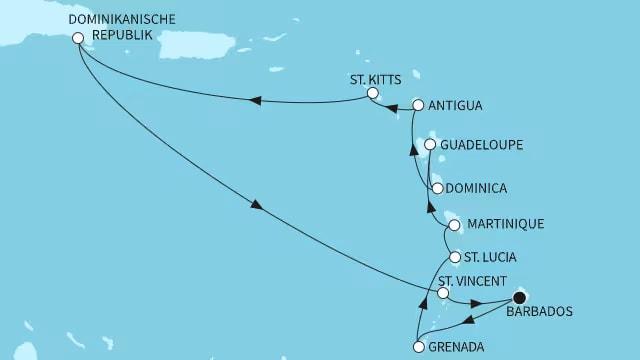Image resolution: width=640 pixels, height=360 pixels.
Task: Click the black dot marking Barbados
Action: (520, 297)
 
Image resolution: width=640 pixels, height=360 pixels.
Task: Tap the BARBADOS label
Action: (541, 312)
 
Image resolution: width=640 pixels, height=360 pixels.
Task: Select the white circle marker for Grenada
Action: (416, 348)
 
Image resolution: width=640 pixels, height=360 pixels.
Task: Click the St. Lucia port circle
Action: (455, 257)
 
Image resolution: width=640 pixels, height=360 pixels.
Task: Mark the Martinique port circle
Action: (455, 225)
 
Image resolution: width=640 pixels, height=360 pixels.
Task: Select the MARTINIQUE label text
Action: (505, 225)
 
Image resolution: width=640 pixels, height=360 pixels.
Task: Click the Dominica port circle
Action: (437, 188)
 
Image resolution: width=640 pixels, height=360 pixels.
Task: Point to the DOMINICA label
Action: (477, 188)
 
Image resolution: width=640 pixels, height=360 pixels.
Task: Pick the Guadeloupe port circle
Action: (430, 145)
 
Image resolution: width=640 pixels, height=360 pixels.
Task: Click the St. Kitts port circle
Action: (372, 93)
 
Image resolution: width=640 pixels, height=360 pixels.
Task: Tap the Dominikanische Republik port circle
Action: (78, 38)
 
